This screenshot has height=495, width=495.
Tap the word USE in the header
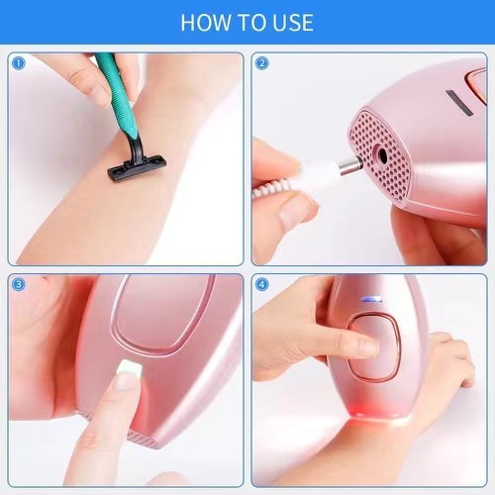click(289, 22)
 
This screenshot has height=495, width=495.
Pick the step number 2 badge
click(261, 62)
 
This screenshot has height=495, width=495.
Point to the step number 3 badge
click(18, 284)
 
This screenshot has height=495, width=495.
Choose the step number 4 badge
click(261, 284)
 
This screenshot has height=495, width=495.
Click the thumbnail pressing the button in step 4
click(366, 346)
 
